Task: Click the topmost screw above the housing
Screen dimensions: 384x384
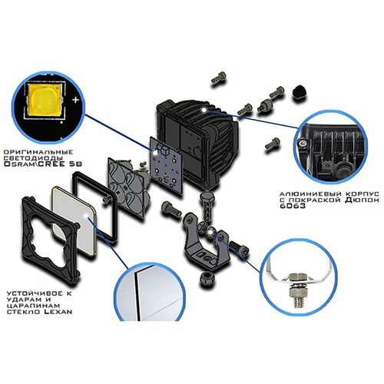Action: (x=218, y=77)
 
